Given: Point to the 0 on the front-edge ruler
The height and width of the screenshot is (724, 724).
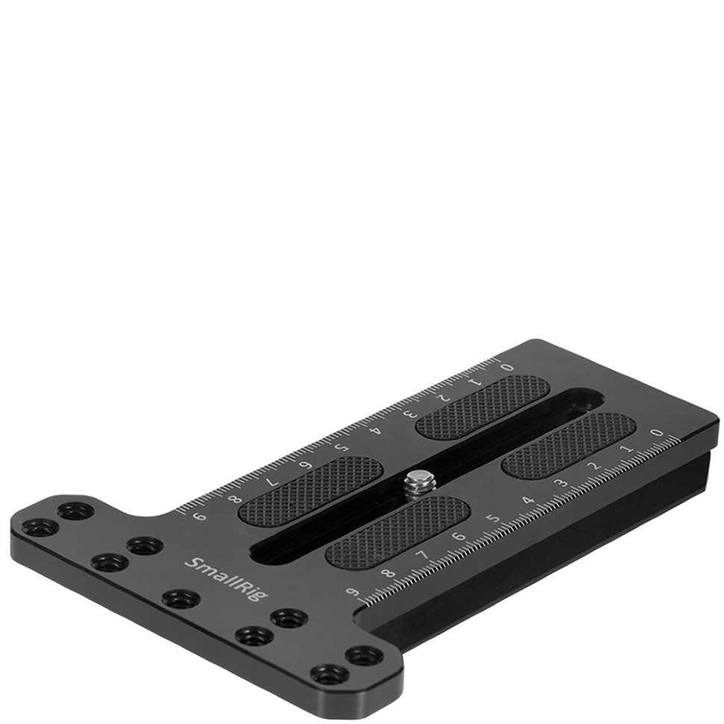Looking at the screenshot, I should tap(657, 432).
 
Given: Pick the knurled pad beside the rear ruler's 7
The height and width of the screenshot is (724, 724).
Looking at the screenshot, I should tap(310, 489).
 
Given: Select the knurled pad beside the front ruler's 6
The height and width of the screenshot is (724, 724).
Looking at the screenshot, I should tap(397, 531).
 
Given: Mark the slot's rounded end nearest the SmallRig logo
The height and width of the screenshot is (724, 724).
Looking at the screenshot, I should tap(263, 552).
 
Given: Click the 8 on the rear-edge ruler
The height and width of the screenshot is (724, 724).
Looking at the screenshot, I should tap(237, 500).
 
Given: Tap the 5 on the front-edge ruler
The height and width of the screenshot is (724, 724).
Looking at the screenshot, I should tap(492, 519).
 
